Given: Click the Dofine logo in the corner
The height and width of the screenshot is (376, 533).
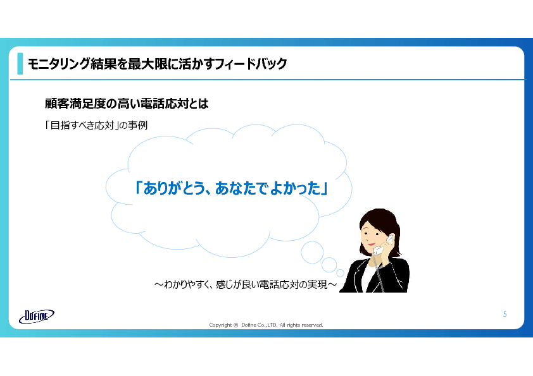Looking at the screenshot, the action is [36, 316].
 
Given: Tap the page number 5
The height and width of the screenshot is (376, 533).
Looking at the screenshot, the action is [505, 314].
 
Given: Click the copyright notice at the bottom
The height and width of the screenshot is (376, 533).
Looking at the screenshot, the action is [266, 325].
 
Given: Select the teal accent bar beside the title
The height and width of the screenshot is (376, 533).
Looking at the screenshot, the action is [20, 63].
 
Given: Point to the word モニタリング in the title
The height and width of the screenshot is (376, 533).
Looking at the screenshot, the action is [58, 64].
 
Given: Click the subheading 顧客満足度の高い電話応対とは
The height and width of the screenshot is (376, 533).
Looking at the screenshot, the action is [127, 104].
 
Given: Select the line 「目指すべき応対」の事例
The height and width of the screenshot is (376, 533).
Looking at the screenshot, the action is [96, 125].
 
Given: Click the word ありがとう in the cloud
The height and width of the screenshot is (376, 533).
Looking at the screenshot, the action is [173, 188].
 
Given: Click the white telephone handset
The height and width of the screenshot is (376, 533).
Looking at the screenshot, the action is [382, 245].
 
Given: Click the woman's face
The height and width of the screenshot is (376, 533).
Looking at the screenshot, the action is [372, 235].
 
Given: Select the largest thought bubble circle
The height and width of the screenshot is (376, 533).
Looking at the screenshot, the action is [312, 253].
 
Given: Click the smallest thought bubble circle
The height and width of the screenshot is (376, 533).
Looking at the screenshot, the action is [340, 273].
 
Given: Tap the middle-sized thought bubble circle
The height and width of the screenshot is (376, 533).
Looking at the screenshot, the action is [329, 265].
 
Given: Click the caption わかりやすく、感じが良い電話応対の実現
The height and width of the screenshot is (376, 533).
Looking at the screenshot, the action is [246, 284].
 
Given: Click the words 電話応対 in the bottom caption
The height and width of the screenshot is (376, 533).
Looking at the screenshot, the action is [275, 284].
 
